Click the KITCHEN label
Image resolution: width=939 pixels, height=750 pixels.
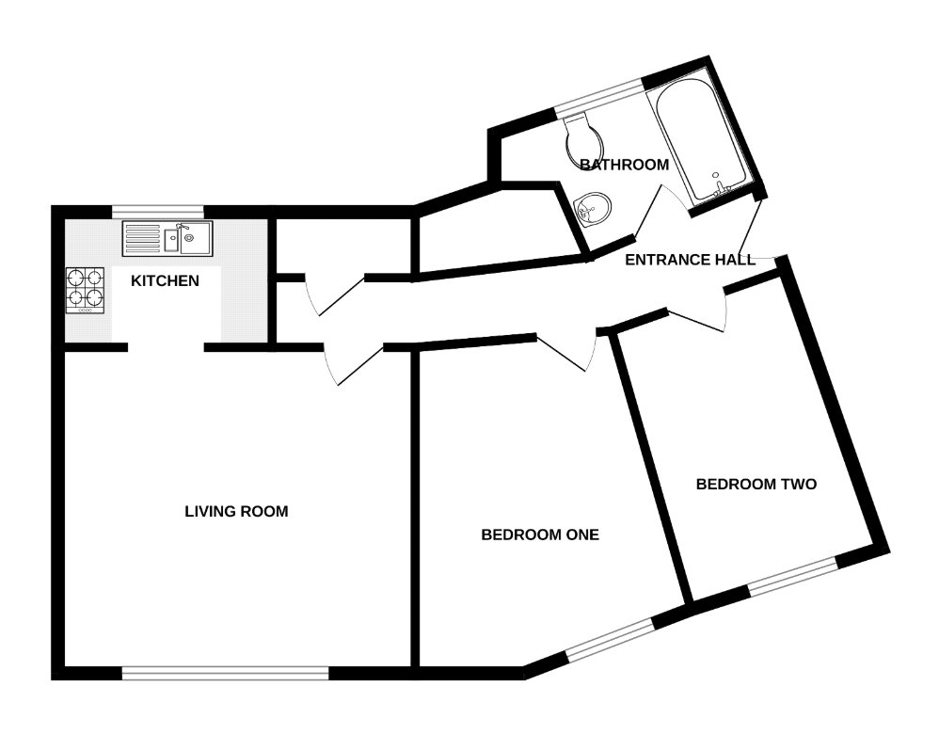pos(165,280)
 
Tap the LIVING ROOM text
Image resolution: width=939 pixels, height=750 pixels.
pos(236,512)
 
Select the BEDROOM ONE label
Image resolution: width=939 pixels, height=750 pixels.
pos(540,535)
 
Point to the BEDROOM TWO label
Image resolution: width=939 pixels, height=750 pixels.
pos(756,485)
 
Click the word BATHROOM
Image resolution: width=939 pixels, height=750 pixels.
pos(624,165)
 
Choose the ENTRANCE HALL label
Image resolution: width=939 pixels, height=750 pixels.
pos(690,260)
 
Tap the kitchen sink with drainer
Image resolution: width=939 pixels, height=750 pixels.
pos(168,239)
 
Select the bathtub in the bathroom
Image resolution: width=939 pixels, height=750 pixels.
pos(701,141)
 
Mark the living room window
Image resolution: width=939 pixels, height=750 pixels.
pos(225,672)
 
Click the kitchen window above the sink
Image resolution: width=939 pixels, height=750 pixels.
pos(156,211)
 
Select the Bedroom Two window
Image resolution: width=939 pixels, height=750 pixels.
pos(791,575)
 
